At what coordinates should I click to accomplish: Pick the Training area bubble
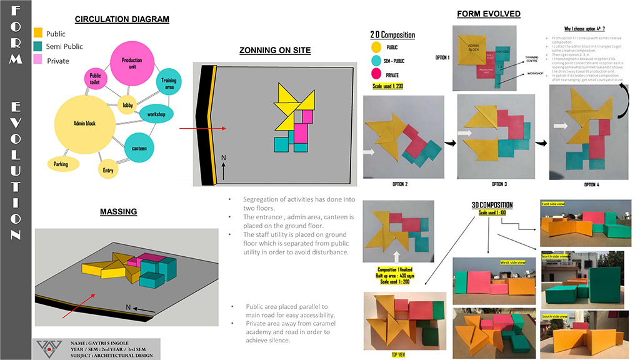[x=169, y=84]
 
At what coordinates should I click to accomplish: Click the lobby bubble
[x=128, y=105]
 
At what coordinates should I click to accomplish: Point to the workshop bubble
[x=156, y=114]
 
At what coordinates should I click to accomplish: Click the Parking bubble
[x=61, y=164]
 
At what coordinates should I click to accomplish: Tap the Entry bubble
[x=107, y=169]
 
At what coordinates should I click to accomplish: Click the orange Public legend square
[x=38, y=33]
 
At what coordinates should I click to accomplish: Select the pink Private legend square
[x=38, y=60]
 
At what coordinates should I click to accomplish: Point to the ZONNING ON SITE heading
[x=275, y=51]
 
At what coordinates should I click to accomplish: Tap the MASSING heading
[x=119, y=212]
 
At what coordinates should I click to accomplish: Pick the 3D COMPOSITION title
[x=492, y=205]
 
